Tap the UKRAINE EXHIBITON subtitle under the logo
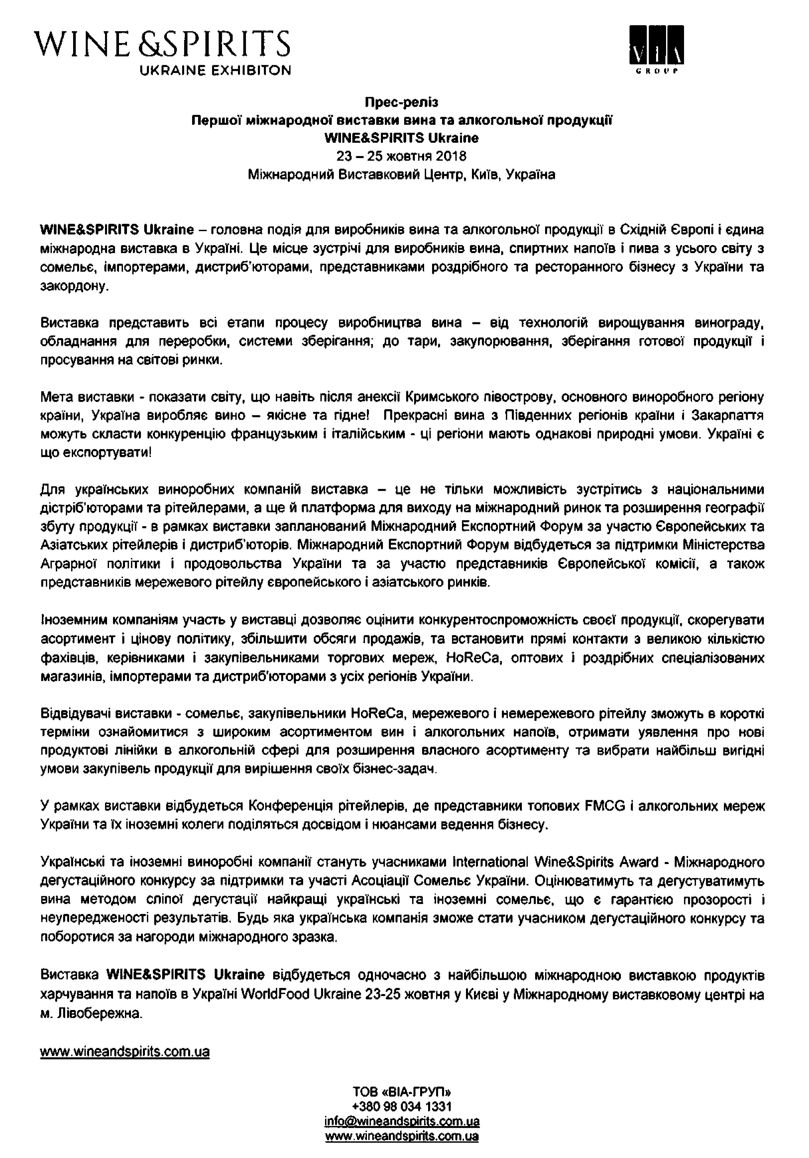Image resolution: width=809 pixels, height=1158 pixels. [x=215, y=70]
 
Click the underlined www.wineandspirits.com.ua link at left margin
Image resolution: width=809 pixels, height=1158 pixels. [x=125, y=1052]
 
